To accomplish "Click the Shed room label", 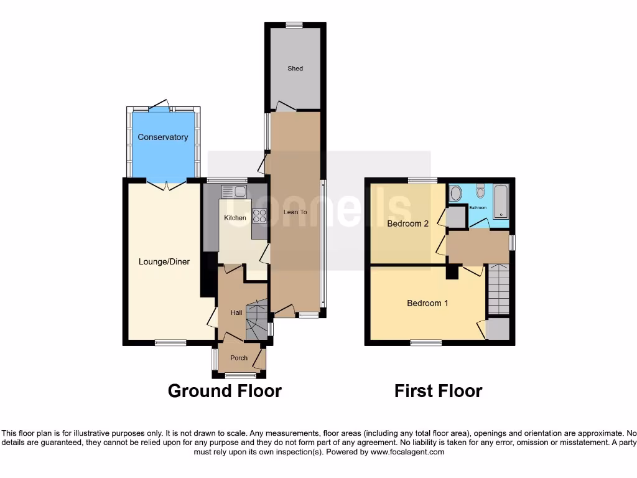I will pos(295,68).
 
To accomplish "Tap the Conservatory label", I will pos(162,137).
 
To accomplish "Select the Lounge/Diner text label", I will pos(164,262).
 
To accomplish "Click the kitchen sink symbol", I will pos(233,192).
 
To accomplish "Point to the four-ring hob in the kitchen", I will pos(259,215).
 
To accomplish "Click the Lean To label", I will pos(295,212).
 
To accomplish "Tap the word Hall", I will pos(236,312).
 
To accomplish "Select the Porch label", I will pos(239,358).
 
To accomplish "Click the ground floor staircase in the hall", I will pos(256,321).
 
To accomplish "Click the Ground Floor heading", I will pos(225,391).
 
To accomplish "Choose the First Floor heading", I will pos(438,391).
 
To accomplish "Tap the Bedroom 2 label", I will pos(407,223).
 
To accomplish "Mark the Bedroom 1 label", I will pos(427,303).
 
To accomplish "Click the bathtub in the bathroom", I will pos(501,200).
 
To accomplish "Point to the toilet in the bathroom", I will pos(480,190).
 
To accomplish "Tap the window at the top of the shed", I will pos(294,25).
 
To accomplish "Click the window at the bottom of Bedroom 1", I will pos(426,342).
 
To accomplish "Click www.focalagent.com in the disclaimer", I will pos(407,452).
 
